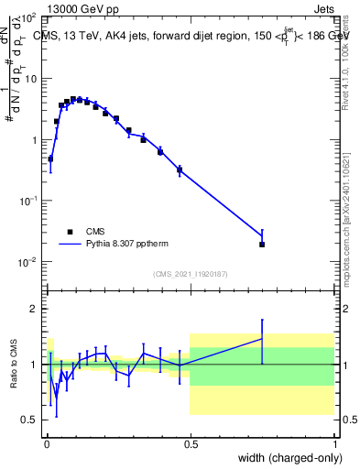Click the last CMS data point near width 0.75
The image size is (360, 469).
pos(262,245)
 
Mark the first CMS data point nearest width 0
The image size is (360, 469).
pos(50,158)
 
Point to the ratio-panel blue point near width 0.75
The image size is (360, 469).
pos(262,338)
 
